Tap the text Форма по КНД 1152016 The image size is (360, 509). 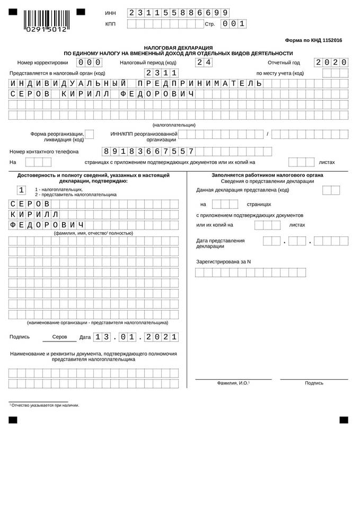[x=313, y=40]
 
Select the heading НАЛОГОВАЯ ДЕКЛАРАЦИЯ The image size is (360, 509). [x=178, y=47]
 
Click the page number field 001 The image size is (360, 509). [x=234, y=23]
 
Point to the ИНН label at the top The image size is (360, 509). [x=110, y=13]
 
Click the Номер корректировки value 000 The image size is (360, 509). [x=90, y=62]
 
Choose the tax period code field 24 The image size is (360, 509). [x=204, y=62]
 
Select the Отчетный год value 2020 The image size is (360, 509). [x=331, y=62]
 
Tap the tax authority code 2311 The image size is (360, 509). [x=162, y=73]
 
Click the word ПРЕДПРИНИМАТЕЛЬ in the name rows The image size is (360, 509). [x=199, y=83]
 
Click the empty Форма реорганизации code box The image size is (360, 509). [x=90, y=134]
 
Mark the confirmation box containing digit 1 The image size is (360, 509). [x=21, y=190]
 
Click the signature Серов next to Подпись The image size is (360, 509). [x=59, y=337]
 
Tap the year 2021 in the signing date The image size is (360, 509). [x=162, y=337]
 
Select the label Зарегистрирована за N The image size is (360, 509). [x=223, y=261]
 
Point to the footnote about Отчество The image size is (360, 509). [x=45, y=405]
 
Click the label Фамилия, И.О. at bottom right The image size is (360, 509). [x=233, y=383]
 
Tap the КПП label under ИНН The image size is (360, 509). [x=110, y=24]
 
